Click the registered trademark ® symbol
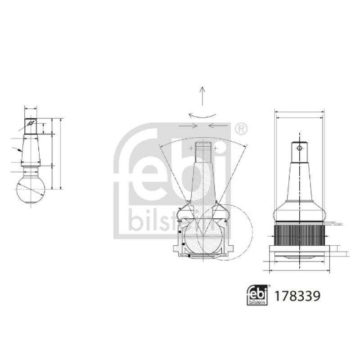(241, 129)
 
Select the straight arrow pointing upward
(202, 95)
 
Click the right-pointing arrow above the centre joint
(188, 126)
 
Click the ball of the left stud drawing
(31, 189)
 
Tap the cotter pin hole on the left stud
(31, 122)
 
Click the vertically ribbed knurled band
(299, 234)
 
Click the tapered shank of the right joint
(299, 180)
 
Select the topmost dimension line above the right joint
(299, 111)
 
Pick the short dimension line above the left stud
(31, 108)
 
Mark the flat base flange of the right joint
(299, 250)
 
